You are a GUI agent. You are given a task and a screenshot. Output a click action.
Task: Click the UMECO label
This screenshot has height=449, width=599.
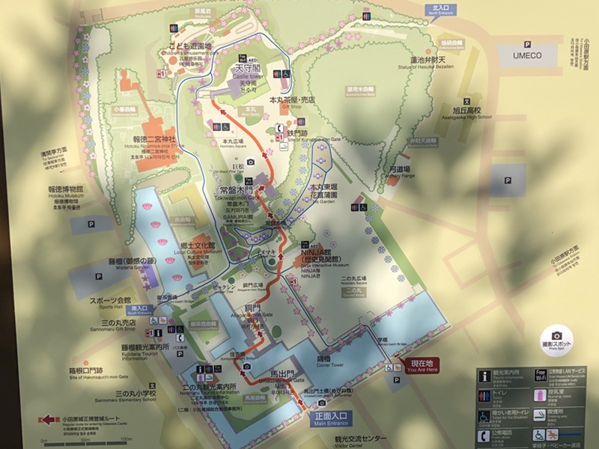pyautogui.click(x=531, y=56)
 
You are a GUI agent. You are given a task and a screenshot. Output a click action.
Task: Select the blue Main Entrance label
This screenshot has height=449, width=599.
pyautogui.click(x=329, y=420)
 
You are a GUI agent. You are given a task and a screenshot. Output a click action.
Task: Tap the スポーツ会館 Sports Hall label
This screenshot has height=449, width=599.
pyautogui.click(x=111, y=302)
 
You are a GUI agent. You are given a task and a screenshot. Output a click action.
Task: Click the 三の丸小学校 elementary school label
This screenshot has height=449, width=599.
pyautogui.click(x=125, y=393)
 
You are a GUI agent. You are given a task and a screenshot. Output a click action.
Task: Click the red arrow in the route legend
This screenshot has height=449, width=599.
pyautogui.click(x=50, y=421)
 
